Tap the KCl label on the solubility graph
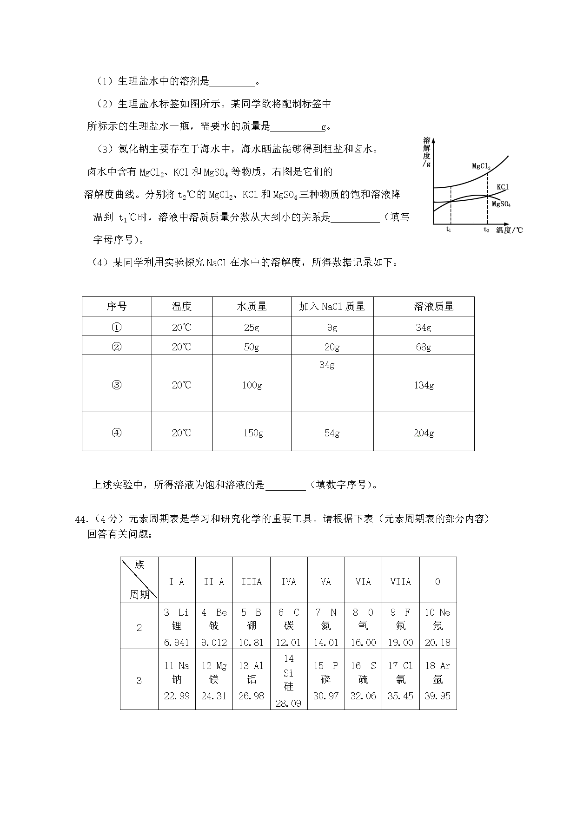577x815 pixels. point(502,187)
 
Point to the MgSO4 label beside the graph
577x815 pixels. point(501,204)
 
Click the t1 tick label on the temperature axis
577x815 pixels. point(449,230)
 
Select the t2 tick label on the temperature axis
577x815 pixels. point(486,230)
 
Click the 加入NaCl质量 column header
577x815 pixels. point(332,307)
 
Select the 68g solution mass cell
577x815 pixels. point(423,347)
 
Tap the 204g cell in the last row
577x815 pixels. point(423,433)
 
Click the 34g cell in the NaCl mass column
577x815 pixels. point(327,365)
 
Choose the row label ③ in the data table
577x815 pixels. point(117,385)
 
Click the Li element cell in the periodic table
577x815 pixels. point(177,626)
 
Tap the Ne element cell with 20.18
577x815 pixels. point(438,626)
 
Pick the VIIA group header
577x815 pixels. point(400,582)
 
